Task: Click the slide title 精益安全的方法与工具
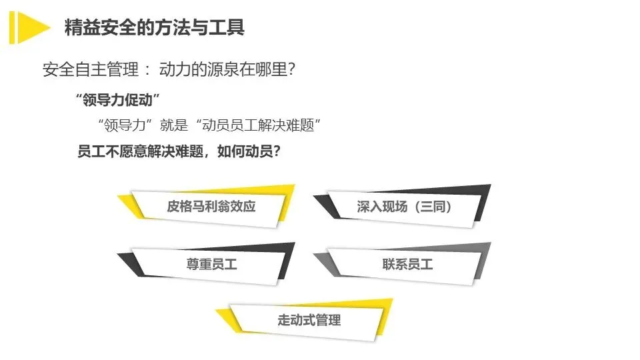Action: [154, 27]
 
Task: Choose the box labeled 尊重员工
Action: [211, 264]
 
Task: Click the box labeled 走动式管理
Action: [309, 320]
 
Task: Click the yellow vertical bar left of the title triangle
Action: [13, 27]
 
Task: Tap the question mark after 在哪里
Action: [290, 69]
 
